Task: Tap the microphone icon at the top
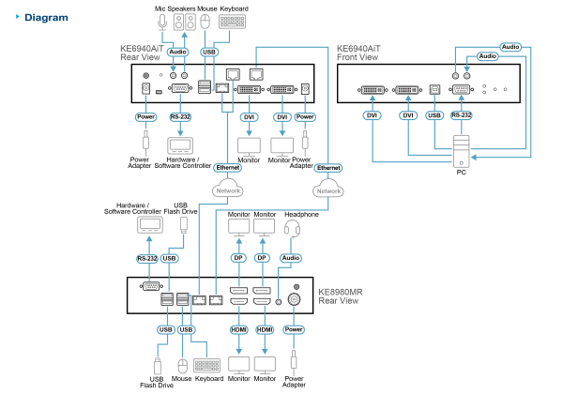[x=161, y=21]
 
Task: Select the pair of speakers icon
[x=185, y=21]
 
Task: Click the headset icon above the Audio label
[x=292, y=227]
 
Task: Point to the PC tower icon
[x=460, y=151]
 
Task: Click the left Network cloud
[x=228, y=189]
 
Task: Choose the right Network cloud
[x=328, y=189]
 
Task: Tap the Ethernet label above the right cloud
[x=328, y=167]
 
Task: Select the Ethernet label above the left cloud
[x=228, y=167]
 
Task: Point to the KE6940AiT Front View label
[x=358, y=53]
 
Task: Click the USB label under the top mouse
[x=209, y=52]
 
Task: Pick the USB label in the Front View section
[x=434, y=115]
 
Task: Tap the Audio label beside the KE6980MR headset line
[x=291, y=257]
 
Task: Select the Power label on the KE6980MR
[x=294, y=329]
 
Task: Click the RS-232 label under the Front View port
[x=461, y=115]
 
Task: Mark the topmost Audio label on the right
[x=510, y=46]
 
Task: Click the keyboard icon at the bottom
[x=205, y=365]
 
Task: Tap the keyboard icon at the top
[x=231, y=21]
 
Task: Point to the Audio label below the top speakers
[x=177, y=52]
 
